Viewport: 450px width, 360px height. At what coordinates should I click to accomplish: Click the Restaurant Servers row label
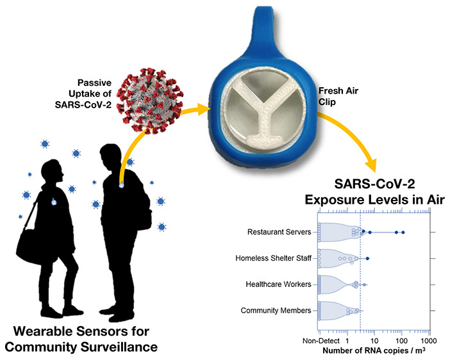pos(279,232)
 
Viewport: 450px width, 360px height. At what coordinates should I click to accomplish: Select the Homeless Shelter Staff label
pos(273,258)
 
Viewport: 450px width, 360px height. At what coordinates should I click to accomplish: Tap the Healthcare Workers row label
pos(278,284)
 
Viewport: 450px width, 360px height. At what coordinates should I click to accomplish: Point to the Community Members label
pos(276,311)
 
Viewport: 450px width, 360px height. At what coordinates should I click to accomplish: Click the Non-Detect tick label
pos(321,341)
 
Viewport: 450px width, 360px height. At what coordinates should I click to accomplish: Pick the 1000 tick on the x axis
pos(428,341)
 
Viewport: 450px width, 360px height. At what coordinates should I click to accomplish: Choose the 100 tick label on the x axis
pos(401,341)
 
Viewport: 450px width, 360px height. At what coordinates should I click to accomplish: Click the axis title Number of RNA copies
pos(374,350)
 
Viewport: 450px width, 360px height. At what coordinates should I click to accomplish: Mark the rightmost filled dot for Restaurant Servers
pos(403,233)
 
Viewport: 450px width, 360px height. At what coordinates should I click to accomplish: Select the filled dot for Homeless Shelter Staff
pos(367,258)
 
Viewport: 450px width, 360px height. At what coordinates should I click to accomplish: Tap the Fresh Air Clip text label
pos(338,96)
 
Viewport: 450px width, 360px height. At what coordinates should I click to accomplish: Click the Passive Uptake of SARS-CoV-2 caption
pos(83,94)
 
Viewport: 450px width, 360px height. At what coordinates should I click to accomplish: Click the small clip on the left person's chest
pos(54,202)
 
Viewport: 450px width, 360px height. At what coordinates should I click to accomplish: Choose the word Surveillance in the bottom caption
pos(119,347)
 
